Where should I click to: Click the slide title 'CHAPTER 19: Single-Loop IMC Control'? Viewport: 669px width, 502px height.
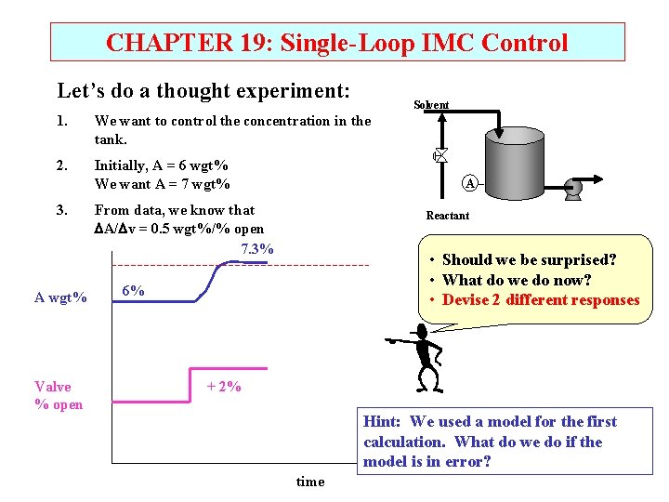336,43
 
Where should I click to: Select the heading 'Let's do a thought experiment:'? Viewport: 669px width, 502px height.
203,91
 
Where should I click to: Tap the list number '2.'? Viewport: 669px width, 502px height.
62,165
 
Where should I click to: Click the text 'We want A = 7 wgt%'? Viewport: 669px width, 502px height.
162,183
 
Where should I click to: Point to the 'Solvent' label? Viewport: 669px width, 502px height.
431,105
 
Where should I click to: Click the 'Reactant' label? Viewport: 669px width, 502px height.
447,216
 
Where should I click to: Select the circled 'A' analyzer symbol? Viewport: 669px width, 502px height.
470,183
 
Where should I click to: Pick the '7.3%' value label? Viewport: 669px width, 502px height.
256,249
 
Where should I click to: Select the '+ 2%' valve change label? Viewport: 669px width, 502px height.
224,387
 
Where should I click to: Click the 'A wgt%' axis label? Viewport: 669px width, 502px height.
60,297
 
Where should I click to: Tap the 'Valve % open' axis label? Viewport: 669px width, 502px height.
59,395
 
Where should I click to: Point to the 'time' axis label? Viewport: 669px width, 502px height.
309,482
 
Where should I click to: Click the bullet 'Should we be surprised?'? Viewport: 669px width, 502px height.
529,260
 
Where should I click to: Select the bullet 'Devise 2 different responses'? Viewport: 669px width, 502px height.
540,299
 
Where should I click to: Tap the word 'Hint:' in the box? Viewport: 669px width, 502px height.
383,422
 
